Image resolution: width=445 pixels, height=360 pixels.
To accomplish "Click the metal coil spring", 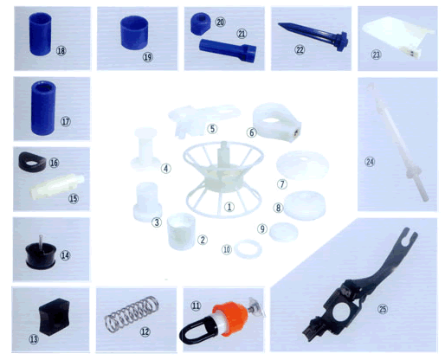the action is coord(132,313).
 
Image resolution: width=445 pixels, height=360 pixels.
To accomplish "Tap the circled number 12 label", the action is coord(145,331).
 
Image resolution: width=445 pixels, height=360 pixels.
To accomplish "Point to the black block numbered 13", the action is coord(55,317).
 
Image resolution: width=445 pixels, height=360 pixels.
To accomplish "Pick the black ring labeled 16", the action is coord(32,162).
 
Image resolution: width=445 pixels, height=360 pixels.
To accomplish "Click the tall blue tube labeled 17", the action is coord(43,107).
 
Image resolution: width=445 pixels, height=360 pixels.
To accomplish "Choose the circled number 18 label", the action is coord(61,51).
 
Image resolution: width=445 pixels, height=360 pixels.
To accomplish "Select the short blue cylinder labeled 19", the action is coord(134,32).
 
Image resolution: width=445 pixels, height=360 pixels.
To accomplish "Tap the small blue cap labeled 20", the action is coord(200,23).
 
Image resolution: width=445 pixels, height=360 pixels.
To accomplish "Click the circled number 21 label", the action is coord(242,34).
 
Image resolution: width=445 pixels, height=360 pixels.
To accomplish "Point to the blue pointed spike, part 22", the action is coord(313,36).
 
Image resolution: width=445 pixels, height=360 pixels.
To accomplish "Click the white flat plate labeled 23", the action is coord(397,36).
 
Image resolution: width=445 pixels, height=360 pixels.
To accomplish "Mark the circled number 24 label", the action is coord(370,162).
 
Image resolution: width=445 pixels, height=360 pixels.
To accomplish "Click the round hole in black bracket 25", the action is coord(342,312).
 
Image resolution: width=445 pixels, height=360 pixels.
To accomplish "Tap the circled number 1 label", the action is coord(229,207).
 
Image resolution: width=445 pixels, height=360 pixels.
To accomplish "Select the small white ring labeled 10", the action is coord(248,249).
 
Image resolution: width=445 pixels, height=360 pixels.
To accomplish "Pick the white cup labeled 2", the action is coord(181,231).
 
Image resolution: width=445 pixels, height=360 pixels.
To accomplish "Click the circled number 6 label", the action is coord(251,132).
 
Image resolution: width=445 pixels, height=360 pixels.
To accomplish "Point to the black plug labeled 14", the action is coord(41,254).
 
